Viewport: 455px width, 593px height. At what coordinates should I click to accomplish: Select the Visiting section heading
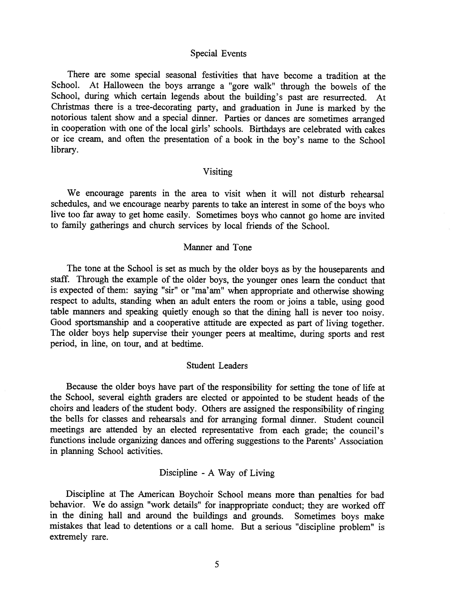pos(218,172)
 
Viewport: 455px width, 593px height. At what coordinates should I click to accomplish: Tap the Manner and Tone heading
pos(218,247)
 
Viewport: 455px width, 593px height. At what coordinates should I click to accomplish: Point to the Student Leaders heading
pos(217,366)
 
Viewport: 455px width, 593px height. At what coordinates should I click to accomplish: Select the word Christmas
pos(70,107)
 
